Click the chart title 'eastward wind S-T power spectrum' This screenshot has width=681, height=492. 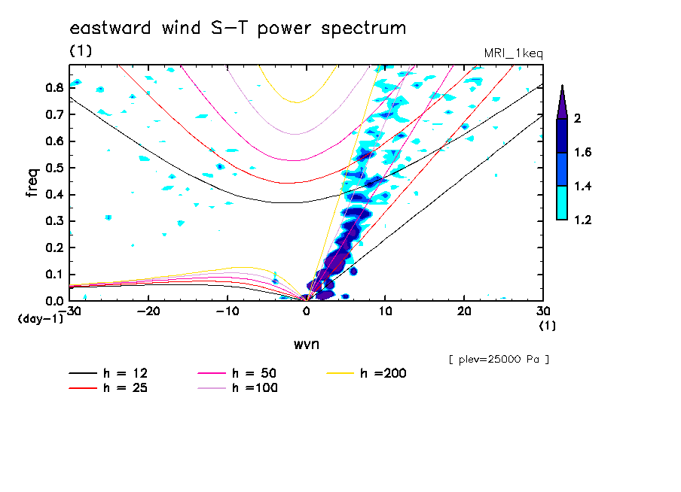click(238, 29)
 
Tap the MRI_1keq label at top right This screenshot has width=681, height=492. click(513, 53)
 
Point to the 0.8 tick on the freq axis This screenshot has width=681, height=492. click(54, 87)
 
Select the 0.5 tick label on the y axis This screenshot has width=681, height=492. click(54, 168)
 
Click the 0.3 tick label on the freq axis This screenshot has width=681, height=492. click(54, 221)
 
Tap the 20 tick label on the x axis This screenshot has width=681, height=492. click(464, 311)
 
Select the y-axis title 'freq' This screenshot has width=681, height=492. click(32, 183)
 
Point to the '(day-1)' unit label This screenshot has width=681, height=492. click(40, 319)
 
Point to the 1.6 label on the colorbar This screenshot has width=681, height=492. click(584, 153)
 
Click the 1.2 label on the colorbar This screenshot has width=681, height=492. click(584, 220)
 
